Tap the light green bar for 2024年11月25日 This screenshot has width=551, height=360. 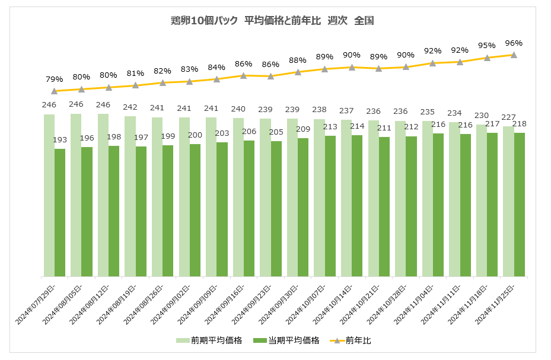coord(508,201)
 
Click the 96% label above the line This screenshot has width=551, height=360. coord(514,43)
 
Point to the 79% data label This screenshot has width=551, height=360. coord(55,79)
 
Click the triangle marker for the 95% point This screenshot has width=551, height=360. coord(487,58)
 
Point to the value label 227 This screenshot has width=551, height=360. coord(508,116)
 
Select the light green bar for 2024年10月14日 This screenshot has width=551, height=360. coord(346,198)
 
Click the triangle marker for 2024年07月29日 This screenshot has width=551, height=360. coord(55,91)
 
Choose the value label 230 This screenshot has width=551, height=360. coord(482,115)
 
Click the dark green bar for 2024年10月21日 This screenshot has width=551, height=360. coord(384,206)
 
